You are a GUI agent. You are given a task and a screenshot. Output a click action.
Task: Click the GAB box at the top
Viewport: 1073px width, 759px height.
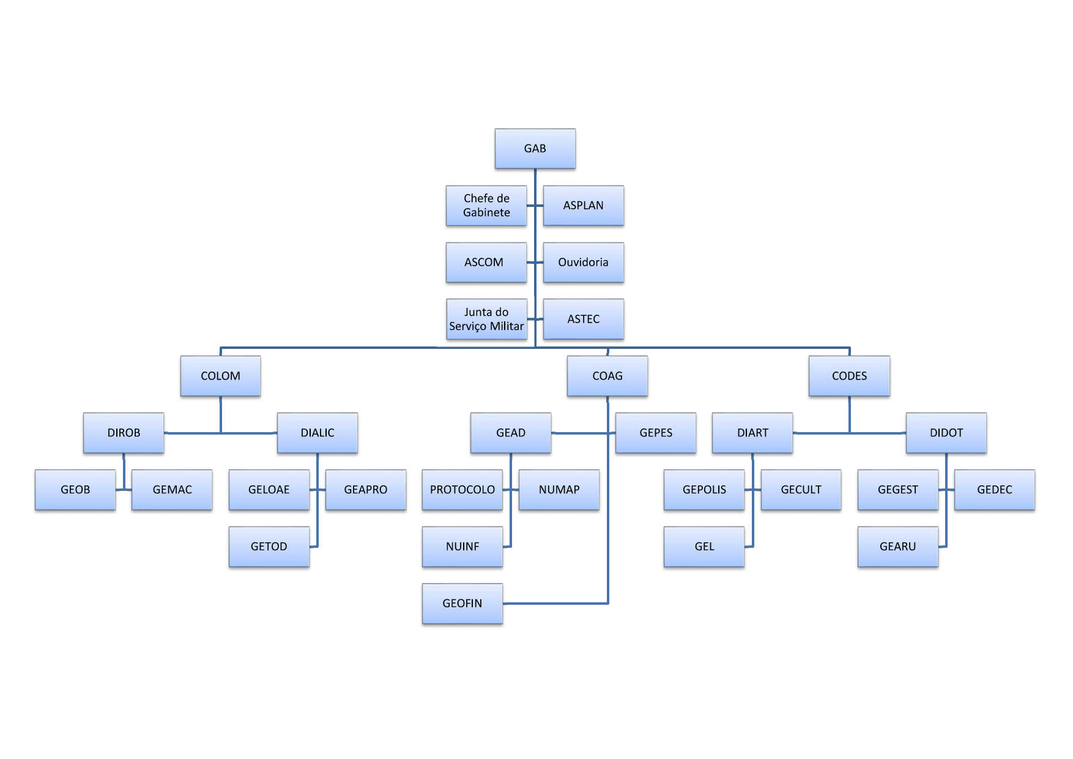coord(535,149)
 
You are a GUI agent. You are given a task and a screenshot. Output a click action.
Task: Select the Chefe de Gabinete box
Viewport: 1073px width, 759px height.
coord(486,206)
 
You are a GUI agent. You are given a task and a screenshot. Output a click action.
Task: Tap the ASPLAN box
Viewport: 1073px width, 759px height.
coord(584,206)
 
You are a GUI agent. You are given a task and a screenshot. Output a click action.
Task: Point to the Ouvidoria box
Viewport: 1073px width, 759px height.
coord(584,263)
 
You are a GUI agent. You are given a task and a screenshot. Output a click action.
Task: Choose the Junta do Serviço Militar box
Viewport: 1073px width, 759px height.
coord(486,319)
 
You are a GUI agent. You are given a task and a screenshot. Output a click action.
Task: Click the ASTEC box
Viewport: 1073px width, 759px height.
coord(584,319)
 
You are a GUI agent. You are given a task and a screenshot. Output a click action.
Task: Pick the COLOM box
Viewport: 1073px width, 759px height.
coord(220,376)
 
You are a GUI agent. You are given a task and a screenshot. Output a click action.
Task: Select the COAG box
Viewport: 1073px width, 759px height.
coord(607,376)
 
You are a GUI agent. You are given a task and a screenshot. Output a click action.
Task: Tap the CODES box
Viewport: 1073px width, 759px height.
coord(849,376)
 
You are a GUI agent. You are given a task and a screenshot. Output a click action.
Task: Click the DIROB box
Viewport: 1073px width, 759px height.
coord(124,433)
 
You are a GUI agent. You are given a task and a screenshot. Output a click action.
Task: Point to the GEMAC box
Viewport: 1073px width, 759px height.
coord(172,490)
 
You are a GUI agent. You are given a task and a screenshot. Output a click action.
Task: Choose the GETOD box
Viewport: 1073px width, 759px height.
coord(269,547)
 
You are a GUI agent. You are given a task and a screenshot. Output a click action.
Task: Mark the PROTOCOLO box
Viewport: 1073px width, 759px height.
coord(462,490)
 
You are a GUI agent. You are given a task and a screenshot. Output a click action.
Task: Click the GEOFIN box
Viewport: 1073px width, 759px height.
coord(462,604)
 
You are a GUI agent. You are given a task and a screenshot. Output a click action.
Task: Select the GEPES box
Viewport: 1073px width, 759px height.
coord(656,433)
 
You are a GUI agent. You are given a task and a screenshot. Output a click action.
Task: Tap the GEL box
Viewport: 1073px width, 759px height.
coord(704,547)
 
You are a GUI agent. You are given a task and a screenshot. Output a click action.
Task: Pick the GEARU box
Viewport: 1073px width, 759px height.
coord(898,547)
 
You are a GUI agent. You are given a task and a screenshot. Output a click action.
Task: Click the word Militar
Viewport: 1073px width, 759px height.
coord(507,326)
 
